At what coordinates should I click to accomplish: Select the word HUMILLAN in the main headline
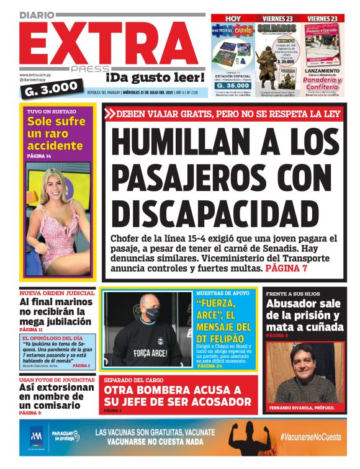pyautogui.click(x=179, y=143)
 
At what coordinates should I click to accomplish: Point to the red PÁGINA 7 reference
pyautogui.click(x=286, y=269)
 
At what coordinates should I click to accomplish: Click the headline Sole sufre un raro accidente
pyautogui.click(x=56, y=133)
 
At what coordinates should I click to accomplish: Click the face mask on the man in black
pyautogui.click(x=151, y=314)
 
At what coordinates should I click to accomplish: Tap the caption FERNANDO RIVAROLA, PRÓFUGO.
pyautogui.click(x=302, y=408)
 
